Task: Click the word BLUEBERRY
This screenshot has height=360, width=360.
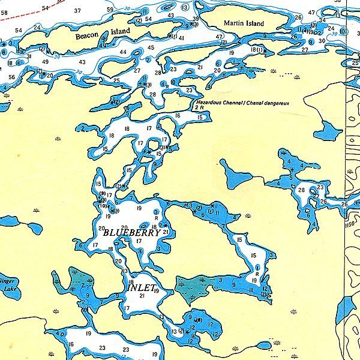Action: tap(131, 233)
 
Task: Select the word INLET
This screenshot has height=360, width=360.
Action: tap(142, 287)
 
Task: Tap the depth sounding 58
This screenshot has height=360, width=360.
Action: tap(4, 13)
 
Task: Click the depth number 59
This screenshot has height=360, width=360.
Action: tap(110, 10)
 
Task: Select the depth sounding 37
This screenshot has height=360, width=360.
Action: tap(77, 11)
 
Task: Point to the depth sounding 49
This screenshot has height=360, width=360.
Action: tap(45, 62)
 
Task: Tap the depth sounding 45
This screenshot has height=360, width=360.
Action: tap(151, 47)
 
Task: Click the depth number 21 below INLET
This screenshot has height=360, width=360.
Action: tap(142, 296)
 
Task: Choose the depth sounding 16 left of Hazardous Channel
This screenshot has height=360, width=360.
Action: tap(178, 115)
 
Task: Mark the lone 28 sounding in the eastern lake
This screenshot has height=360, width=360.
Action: tap(301, 190)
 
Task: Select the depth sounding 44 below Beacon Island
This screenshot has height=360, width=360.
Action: tap(123, 52)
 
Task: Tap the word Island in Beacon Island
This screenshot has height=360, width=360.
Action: tap(121, 31)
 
